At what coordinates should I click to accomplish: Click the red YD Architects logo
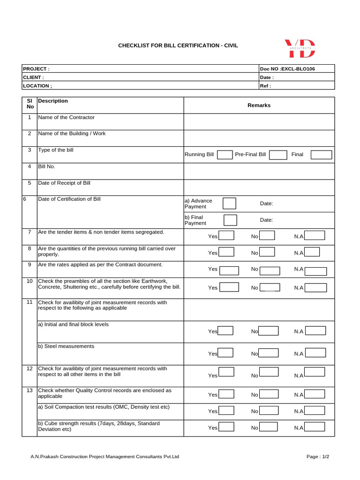click(x=300, y=49)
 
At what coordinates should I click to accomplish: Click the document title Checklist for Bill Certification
click(x=178, y=45)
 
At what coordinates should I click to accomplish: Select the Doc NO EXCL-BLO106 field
click(x=287, y=69)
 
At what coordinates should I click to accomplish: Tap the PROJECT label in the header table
click(x=36, y=69)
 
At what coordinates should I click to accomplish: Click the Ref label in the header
click(x=265, y=86)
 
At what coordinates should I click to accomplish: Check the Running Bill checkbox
click(x=225, y=155)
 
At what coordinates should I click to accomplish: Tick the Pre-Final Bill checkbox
click(x=277, y=155)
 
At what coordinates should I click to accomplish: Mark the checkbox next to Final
click(x=321, y=155)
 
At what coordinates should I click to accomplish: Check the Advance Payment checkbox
click(x=229, y=203)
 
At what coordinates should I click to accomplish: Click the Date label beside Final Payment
click(x=266, y=220)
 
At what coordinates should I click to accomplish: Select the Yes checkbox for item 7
click(x=226, y=236)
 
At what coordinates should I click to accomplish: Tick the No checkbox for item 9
click(x=270, y=270)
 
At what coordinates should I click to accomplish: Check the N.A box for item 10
click(x=315, y=287)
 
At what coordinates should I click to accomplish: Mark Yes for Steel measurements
click(x=226, y=353)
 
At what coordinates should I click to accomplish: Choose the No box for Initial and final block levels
click(x=268, y=331)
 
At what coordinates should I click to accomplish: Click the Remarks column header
click(x=259, y=105)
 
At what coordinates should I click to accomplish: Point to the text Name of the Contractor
click(x=66, y=117)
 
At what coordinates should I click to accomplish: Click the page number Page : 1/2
click(x=318, y=457)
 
